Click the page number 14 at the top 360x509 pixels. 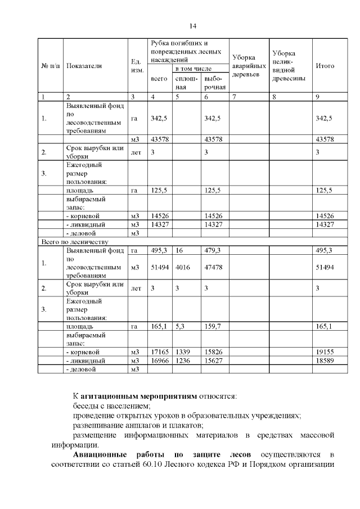coord(192,26)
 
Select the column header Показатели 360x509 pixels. coord(84,66)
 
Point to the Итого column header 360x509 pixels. coord(325,66)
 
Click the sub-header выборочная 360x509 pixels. coord(215,83)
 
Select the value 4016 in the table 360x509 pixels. coord(183,268)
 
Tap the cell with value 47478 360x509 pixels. coord(214,268)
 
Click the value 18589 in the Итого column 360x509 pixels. coord(325,361)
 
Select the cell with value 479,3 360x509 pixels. coord(212,250)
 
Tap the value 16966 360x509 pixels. coord(159,361)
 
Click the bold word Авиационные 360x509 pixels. coord(100,454)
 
